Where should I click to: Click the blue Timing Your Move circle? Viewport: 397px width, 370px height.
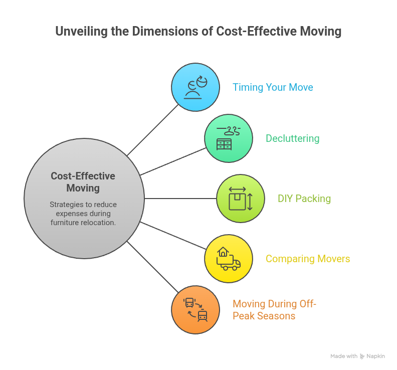click(x=195, y=87)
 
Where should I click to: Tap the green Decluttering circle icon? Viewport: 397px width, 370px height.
click(x=229, y=138)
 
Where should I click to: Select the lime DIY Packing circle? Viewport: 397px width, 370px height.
click(x=241, y=199)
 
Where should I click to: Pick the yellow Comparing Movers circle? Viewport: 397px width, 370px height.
click(x=229, y=259)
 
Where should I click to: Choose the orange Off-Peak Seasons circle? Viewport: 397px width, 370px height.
click(x=195, y=310)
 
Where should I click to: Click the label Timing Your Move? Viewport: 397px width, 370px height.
click(x=273, y=87)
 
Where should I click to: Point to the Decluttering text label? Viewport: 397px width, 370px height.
click(x=292, y=138)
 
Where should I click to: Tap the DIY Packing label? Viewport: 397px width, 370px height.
click(x=304, y=199)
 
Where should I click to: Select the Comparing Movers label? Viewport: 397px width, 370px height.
click(x=308, y=259)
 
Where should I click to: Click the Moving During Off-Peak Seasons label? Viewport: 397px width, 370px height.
click(x=275, y=310)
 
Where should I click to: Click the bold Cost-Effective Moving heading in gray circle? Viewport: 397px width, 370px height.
click(x=83, y=182)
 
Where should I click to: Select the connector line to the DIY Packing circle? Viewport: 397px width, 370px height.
click(x=180, y=199)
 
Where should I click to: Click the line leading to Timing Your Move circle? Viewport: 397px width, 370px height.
click(x=153, y=130)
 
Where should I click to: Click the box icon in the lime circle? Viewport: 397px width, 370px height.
click(x=238, y=201)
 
